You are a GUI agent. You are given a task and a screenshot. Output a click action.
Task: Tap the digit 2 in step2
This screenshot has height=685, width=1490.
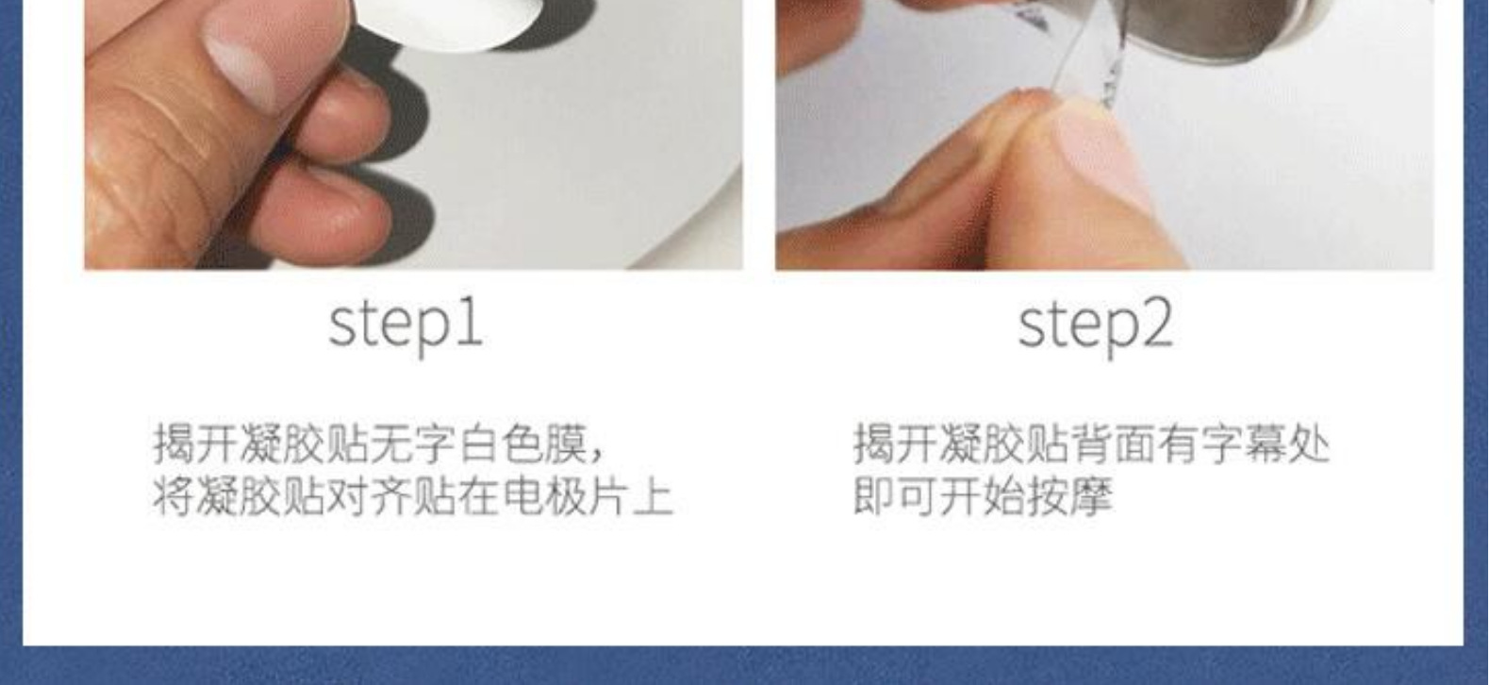click(x=1156, y=322)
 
